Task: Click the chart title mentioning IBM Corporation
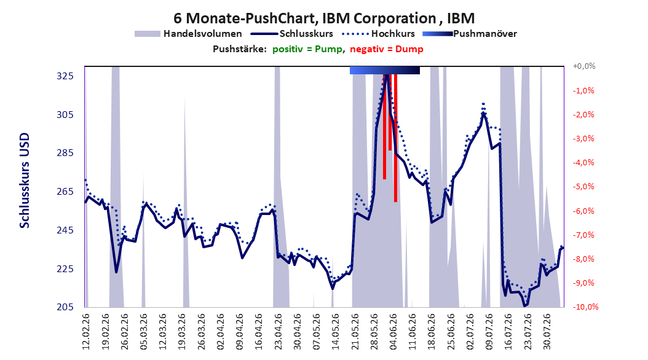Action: point(324,18)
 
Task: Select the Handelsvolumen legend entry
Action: point(189,34)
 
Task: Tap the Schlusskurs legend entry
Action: point(292,34)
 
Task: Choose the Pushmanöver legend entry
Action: point(470,34)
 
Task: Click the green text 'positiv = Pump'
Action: point(307,49)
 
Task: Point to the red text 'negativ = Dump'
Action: point(387,49)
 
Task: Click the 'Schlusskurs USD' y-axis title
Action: point(25,181)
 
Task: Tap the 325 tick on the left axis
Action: point(65,76)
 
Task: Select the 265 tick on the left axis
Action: point(65,192)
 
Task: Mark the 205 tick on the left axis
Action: point(65,307)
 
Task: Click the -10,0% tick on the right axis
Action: point(585,307)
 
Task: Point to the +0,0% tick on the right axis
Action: point(584,66)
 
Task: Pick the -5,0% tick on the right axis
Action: point(583,187)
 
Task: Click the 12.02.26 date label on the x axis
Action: point(86,332)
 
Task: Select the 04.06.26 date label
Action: point(393,332)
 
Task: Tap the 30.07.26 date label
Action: point(547,332)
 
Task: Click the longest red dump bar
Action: point(395,138)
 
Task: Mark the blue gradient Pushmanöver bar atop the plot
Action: point(385,70)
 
